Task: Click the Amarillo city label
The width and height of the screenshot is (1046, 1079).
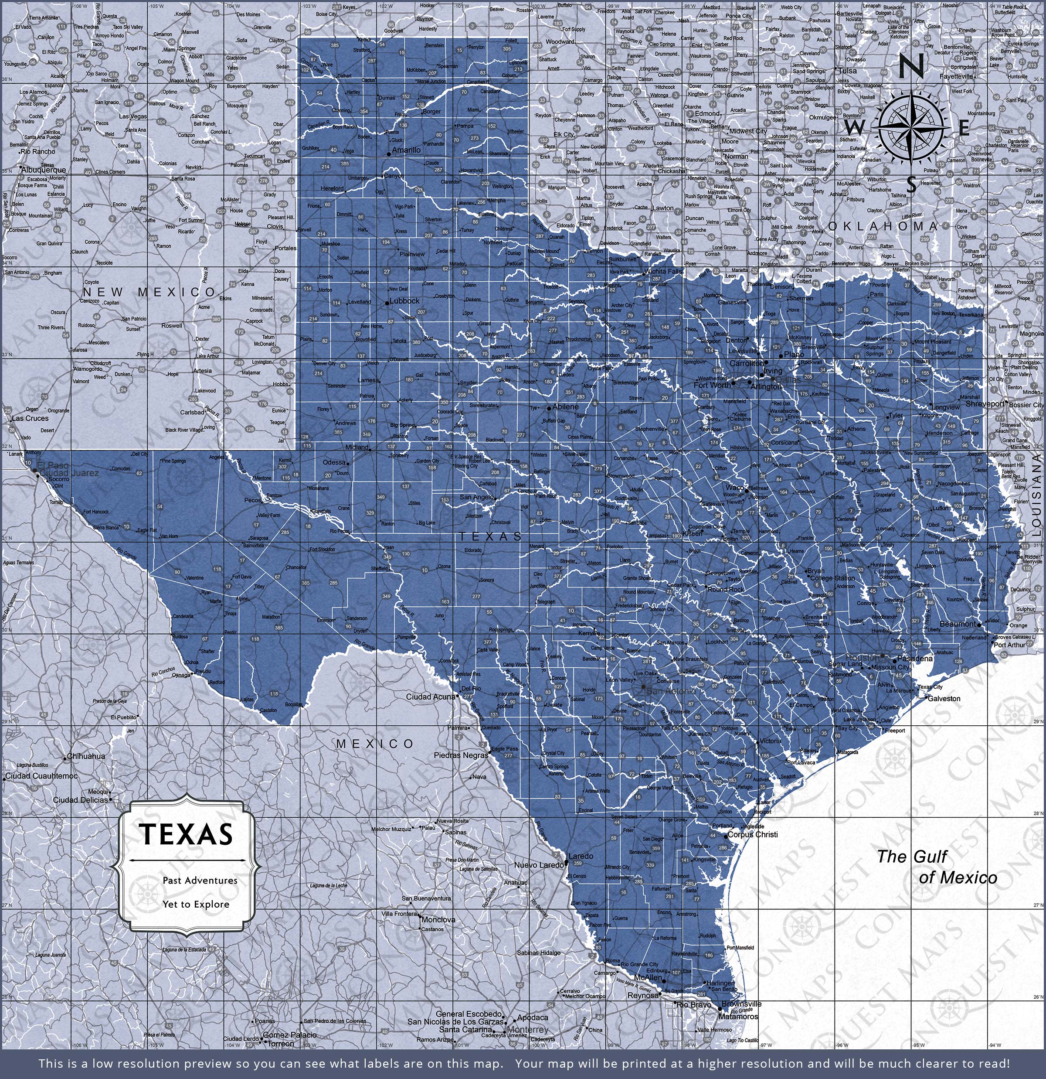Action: [407, 150]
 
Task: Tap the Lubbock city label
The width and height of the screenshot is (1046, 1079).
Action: [404, 301]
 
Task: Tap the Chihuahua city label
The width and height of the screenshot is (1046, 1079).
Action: [87, 756]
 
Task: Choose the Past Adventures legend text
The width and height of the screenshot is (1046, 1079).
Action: [200, 880]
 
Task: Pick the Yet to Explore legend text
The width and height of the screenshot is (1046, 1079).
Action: [195, 904]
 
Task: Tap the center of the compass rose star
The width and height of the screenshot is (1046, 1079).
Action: [911, 128]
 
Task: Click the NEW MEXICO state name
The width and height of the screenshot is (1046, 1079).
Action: [149, 292]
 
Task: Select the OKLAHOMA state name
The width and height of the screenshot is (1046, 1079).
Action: [882, 226]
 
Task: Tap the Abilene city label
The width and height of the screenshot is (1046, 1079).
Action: [565, 407]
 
